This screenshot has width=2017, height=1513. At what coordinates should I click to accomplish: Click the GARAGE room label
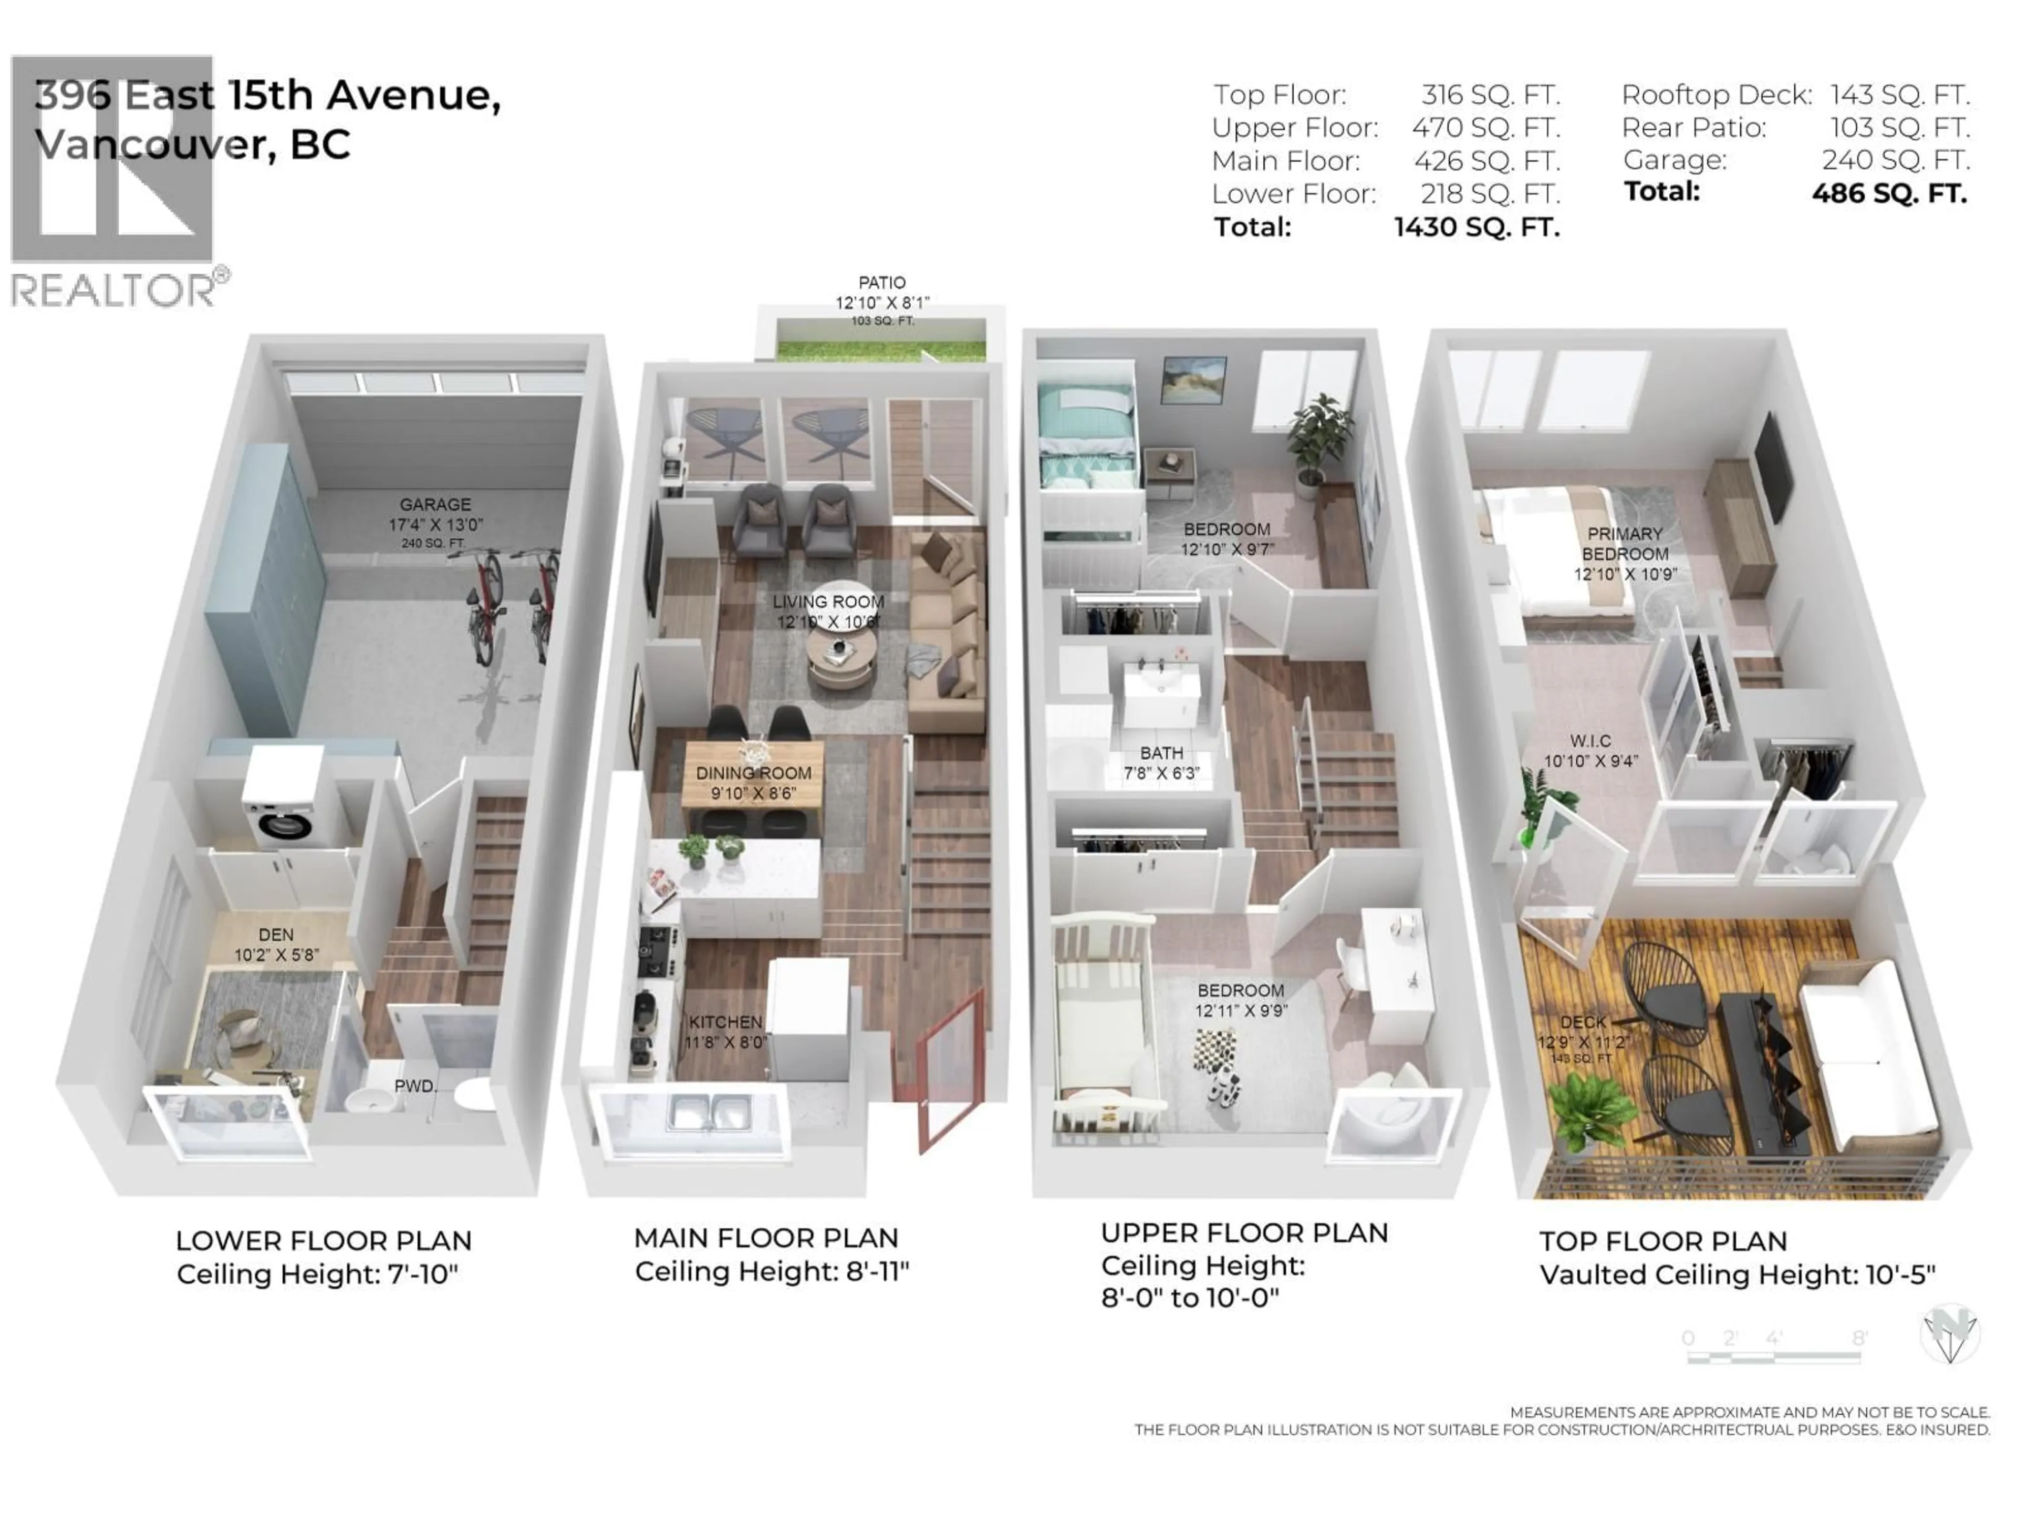(435, 504)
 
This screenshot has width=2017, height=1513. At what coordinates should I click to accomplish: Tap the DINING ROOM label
(753, 773)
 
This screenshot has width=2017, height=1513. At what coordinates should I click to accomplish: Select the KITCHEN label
(725, 1022)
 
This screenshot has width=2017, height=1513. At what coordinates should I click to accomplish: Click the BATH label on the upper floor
(1161, 753)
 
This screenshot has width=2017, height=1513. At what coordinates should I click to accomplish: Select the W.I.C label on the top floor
(1590, 741)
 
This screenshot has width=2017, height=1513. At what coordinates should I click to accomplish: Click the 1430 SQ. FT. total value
(1477, 227)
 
